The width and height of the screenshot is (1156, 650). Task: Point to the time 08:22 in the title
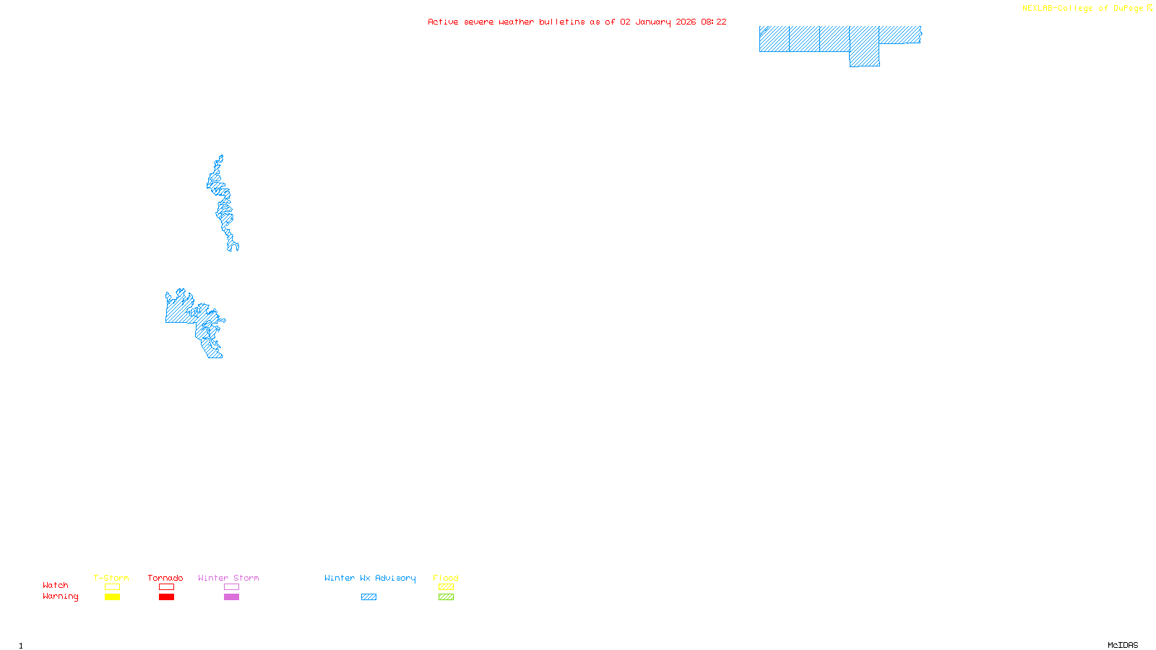(x=713, y=22)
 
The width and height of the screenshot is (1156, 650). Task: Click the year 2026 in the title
(x=686, y=22)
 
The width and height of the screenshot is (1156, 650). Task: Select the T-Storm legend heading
(x=111, y=578)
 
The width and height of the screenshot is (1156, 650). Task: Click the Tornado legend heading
(x=165, y=578)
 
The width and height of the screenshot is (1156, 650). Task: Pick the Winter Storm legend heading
(x=228, y=578)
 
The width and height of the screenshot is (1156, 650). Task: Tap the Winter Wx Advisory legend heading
(x=370, y=578)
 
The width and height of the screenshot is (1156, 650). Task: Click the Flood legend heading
(x=446, y=578)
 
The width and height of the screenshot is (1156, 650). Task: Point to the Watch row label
(x=56, y=585)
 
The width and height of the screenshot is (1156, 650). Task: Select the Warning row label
(x=60, y=597)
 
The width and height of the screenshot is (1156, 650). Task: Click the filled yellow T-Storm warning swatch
(x=112, y=597)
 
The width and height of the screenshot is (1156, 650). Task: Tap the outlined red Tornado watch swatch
(x=166, y=587)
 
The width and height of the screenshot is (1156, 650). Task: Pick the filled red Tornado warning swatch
(x=166, y=597)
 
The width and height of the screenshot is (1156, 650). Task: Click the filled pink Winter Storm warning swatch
(x=231, y=597)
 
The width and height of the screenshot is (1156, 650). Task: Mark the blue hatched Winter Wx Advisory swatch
(x=368, y=597)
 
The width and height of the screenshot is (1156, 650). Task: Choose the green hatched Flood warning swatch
(x=446, y=597)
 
